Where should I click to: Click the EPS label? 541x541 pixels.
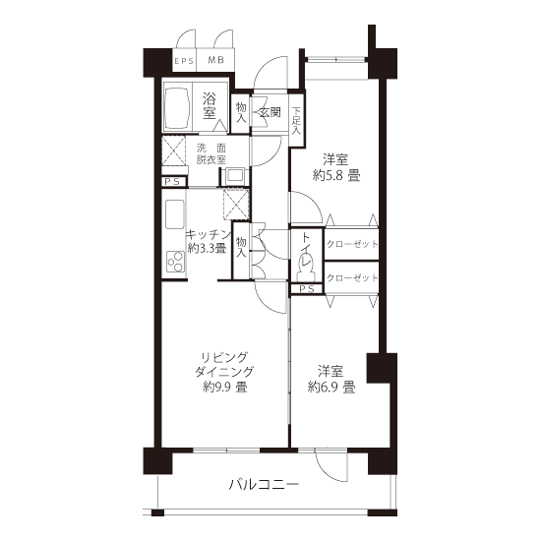(184, 61)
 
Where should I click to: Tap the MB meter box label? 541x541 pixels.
(216, 60)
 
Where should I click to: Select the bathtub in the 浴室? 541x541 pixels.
(177, 107)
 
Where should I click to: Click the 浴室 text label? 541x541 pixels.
(210, 106)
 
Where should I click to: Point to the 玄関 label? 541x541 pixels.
(270, 112)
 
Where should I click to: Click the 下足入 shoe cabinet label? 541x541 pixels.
(296, 121)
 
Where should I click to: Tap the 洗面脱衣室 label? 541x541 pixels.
(211, 153)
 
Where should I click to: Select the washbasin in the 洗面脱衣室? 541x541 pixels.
(235, 176)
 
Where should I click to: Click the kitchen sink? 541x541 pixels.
(174, 214)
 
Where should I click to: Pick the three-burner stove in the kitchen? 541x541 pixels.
(175, 262)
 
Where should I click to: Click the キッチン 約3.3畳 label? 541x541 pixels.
(209, 241)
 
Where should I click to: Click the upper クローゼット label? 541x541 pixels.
(352, 244)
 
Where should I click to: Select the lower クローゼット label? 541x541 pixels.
(352, 277)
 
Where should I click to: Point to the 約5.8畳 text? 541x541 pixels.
(336, 176)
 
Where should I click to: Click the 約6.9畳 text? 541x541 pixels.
(331, 388)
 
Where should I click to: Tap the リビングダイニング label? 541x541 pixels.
(224, 364)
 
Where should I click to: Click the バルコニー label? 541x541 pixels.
(264, 485)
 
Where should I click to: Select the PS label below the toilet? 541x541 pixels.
(307, 289)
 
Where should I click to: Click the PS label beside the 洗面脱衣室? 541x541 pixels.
(172, 182)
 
